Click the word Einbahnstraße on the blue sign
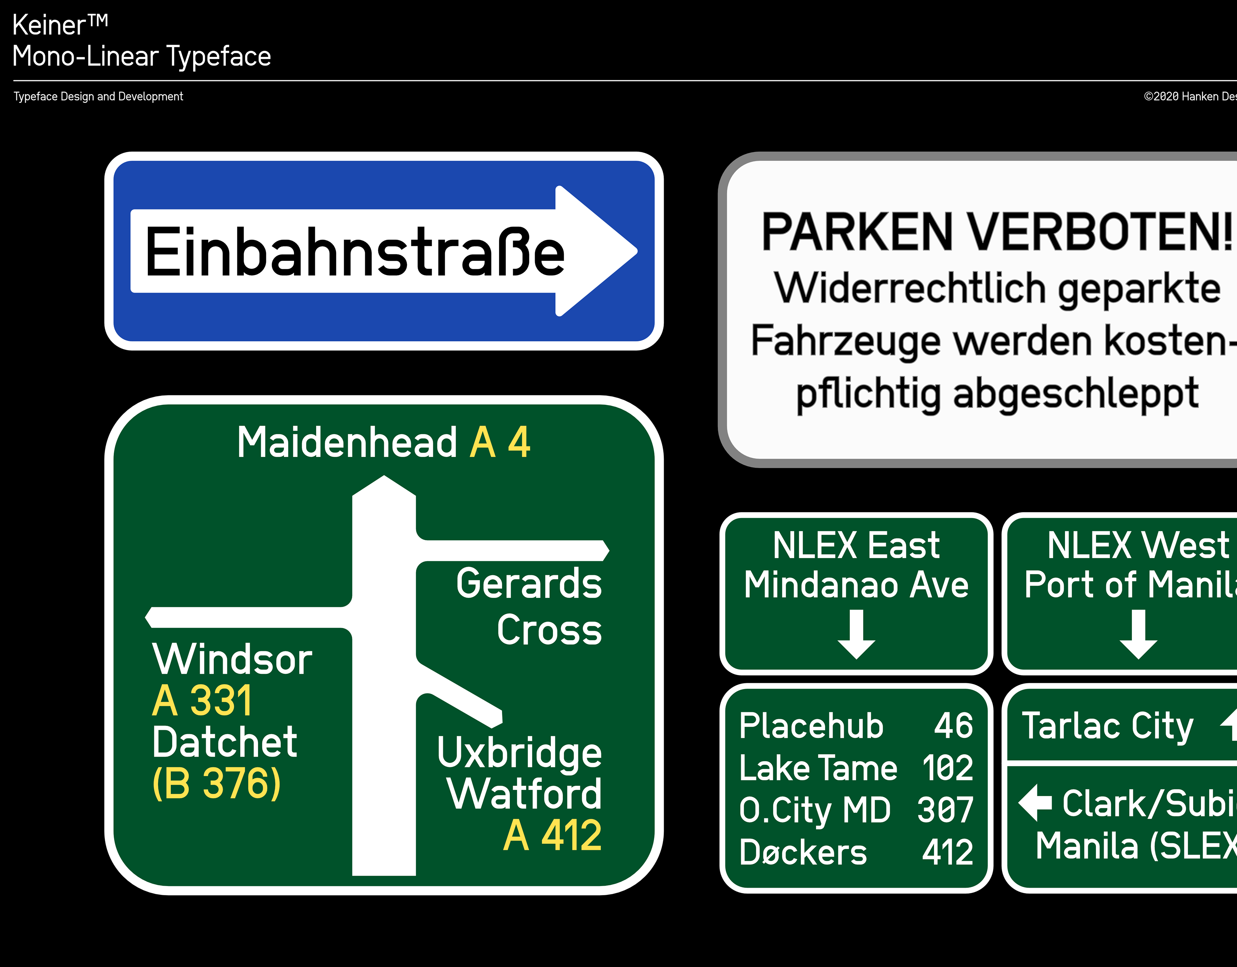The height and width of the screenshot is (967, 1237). [354, 251]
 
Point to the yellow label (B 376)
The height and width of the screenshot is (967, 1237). [216, 784]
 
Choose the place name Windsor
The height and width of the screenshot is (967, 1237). [232, 659]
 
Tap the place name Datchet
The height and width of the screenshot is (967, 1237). [224, 742]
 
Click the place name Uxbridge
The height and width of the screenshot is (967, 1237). [520, 753]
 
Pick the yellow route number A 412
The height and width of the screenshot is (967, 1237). [552, 836]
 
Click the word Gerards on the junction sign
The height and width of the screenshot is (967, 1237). [529, 584]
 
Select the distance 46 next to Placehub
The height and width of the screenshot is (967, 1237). [953, 726]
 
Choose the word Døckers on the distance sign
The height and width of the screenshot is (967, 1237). [803, 853]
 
